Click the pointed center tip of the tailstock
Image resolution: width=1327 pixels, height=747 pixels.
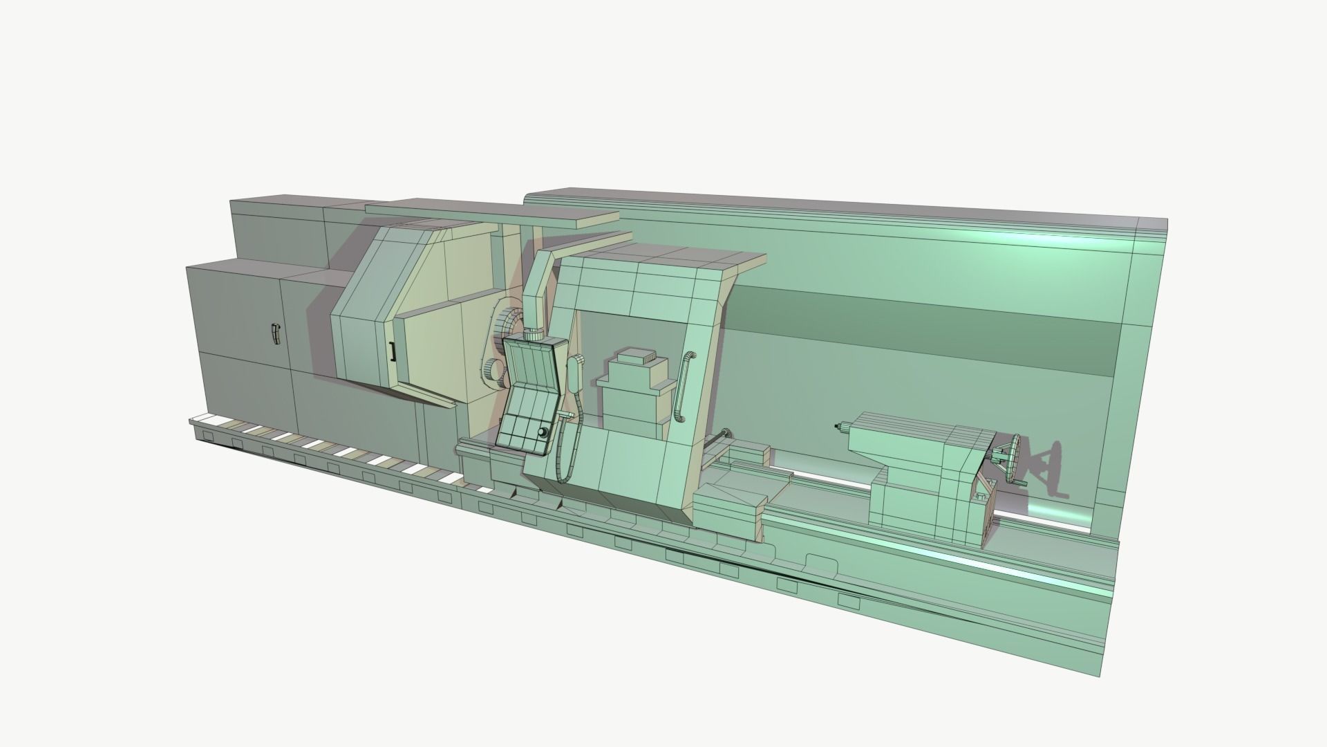click(837, 427)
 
